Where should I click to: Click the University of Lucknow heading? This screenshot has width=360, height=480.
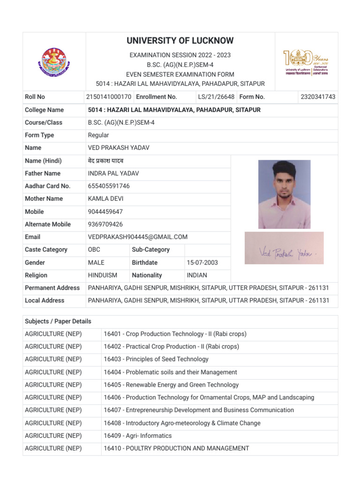point(180,41)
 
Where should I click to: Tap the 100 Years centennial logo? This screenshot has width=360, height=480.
point(305,63)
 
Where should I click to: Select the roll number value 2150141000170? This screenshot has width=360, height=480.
point(108,97)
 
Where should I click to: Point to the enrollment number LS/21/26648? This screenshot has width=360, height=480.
point(216,97)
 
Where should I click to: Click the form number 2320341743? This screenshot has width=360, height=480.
point(318,97)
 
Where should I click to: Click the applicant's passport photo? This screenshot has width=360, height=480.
point(284,194)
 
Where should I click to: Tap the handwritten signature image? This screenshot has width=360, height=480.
point(284,247)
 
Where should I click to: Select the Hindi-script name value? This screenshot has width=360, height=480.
point(105,161)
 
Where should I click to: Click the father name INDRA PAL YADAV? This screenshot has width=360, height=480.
point(113,173)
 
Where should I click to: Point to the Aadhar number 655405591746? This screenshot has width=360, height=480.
point(109,186)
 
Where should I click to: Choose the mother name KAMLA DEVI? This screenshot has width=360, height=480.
point(105,199)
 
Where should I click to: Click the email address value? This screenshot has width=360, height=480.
point(138,237)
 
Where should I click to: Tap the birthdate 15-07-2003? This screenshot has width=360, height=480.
point(202,262)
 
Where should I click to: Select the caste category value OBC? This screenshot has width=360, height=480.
point(94,250)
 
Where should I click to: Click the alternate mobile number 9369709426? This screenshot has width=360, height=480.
point(105,225)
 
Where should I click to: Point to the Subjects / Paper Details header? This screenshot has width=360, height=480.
point(58,322)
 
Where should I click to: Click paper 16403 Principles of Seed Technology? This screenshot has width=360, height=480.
point(156,359)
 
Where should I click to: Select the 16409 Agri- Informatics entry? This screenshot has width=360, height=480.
point(138,436)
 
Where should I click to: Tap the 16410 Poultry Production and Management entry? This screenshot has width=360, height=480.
point(176,449)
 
